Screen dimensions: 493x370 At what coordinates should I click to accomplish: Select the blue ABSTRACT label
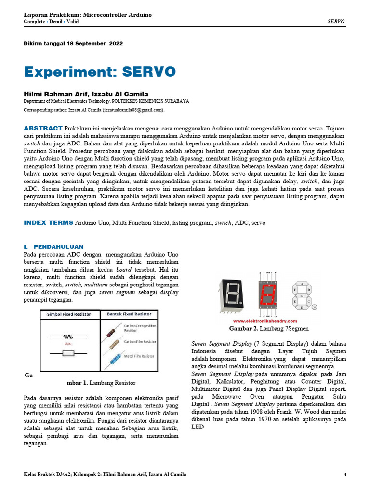[x=43, y=128]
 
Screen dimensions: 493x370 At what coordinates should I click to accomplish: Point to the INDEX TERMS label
[x=48, y=223]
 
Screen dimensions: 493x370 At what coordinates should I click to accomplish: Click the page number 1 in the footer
[x=345, y=475]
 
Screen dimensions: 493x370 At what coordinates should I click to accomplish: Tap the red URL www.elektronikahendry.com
[x=265, y=321]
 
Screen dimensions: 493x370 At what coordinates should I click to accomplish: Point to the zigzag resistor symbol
[x=68, y=337]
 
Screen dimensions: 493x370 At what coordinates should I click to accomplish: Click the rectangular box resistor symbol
[x=68, y=353]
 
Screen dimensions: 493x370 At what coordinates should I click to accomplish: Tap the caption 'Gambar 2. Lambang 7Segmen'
[x=268, y=328]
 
